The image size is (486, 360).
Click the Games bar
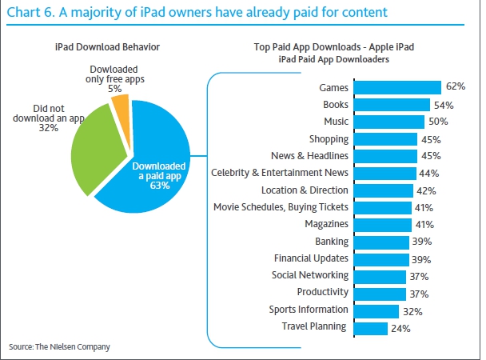[x=397, y=87]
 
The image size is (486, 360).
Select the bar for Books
[x=392, y=105]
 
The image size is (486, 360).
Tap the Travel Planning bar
[x=371, y=329]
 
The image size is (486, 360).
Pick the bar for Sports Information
[x=376, y=311]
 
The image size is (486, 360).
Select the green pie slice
[x=98, y=149]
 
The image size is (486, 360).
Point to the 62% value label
[x=456, y=86]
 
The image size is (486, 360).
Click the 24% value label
[x=400, y=328]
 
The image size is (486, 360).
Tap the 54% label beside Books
[x=444, y=106]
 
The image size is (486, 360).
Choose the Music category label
[x=336, y=122]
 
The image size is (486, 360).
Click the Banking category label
[x=332, y=242]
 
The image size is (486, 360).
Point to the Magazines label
[x=326, y=224]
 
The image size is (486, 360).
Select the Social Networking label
[x=310, y=275]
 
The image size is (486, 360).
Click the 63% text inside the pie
[x=160, y=186]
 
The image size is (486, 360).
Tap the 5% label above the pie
[x=114, y=89]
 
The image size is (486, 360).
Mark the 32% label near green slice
[x=48, y=128]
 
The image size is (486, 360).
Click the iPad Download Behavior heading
[x=107, y=47]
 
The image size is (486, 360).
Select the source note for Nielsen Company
[x=59, y=346]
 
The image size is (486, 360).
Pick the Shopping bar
[x=385, y=139]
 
